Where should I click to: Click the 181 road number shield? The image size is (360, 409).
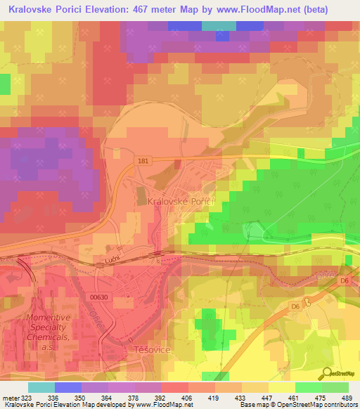click(143, 161)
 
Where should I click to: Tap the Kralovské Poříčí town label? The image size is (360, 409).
click(181, 201)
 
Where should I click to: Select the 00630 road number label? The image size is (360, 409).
click(101, 298)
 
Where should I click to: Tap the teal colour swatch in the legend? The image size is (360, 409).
click(41, 387)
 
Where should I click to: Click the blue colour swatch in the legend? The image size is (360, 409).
click(67, 387)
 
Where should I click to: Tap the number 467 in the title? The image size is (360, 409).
click(145, 9)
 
